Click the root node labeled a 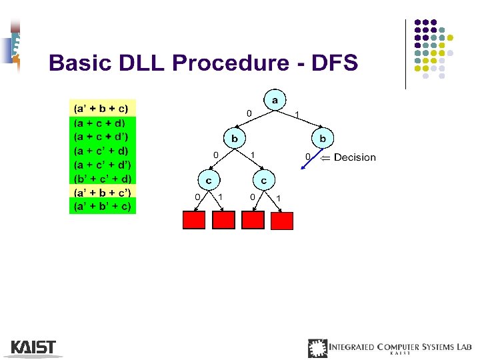click(x=274, y=100)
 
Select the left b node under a click(x=235, y=139)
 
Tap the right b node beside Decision click(x=323, y=139)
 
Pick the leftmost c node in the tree click(x=209, y=180)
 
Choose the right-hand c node click(x=264, y=180)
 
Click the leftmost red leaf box click(x=194, y=220)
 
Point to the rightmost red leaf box click(x=282, y=220)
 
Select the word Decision click(x=355, y=157)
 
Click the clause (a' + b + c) click(x=101, y=108)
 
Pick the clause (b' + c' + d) click(x=103, y=178)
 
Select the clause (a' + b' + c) click(x=103, y=206)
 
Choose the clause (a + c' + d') click(x=103, y=164)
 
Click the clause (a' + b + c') click(x=103, y=192)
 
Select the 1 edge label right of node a click(x=297, y=114)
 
